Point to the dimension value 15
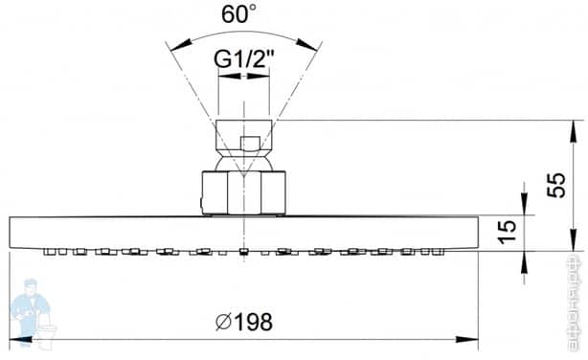pos(507,230)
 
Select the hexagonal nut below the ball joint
pos(244,192)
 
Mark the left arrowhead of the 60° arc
pos(171,44)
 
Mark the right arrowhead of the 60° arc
pos(316,44)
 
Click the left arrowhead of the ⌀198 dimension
pos(15,338)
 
